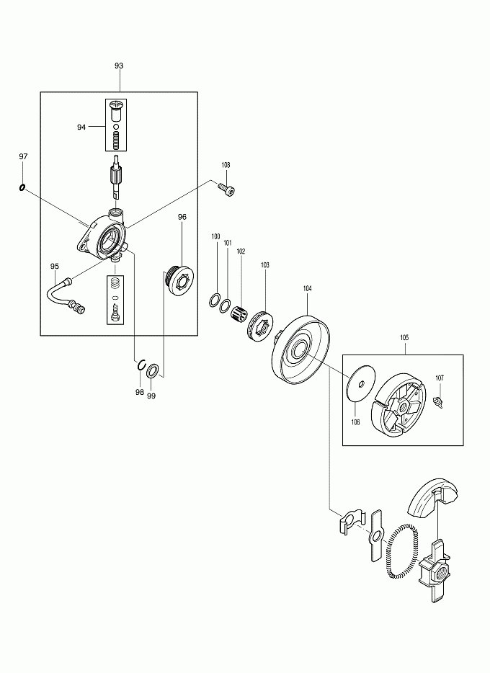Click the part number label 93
point(119,66)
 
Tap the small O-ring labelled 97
point(23,189)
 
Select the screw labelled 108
point(227,190)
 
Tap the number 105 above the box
point(404,337)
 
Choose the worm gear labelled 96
point(180,280)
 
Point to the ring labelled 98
point(143,365)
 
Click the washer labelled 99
point(153,371)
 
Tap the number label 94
point(81,127)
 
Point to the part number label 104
point(308,288)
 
